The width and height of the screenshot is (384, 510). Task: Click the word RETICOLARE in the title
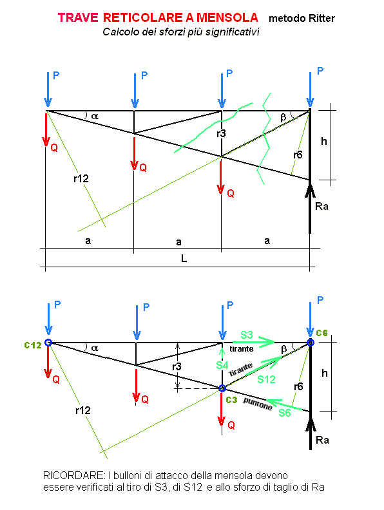pyautogui.click(x=143, y=17)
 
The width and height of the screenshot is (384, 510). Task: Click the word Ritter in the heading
pyautogui.click(x=322, y=18)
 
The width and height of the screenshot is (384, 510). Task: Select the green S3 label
pyautogui.click(x=246, y=335)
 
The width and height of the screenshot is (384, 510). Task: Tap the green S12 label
pyautogui.click(x=266, y=379)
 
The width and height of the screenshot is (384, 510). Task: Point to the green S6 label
pyautogui.click(x=284, y=413)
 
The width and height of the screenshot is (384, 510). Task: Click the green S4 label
pyautogui.click(x=222, y=366)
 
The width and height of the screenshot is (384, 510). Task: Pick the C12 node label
pyautogui.click(x=33, y=345)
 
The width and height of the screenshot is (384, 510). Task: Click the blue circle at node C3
pyautogui.click(x=222, y=388)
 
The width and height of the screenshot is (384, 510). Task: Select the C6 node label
pyautogui.click(x=322, y=333)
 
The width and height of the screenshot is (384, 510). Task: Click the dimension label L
pyautogui.click(x=184, y=259)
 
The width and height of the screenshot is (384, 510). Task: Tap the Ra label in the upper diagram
pyautogui.click(x=322, y=207)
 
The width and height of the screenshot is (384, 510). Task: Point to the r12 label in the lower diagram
pyautogui.click(x=83, y=410)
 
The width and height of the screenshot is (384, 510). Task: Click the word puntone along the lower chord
pyautogui.click(x=258, y=404)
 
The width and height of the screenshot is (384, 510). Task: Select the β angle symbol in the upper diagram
pyautogui.click(x=283, y=117)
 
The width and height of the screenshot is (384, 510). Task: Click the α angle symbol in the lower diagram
pyautogui.click(x=95, y=348)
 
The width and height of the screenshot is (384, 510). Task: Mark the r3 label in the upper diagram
pyautogui.click(x=221, y=133)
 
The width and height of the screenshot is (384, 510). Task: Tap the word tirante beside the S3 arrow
pyautogui.click(x=241, y=349)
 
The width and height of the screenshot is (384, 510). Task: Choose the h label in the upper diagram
pyautogui.click(x=324, y=142)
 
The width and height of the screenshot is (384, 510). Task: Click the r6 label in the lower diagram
pyautogui.click(x=298, y=387)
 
